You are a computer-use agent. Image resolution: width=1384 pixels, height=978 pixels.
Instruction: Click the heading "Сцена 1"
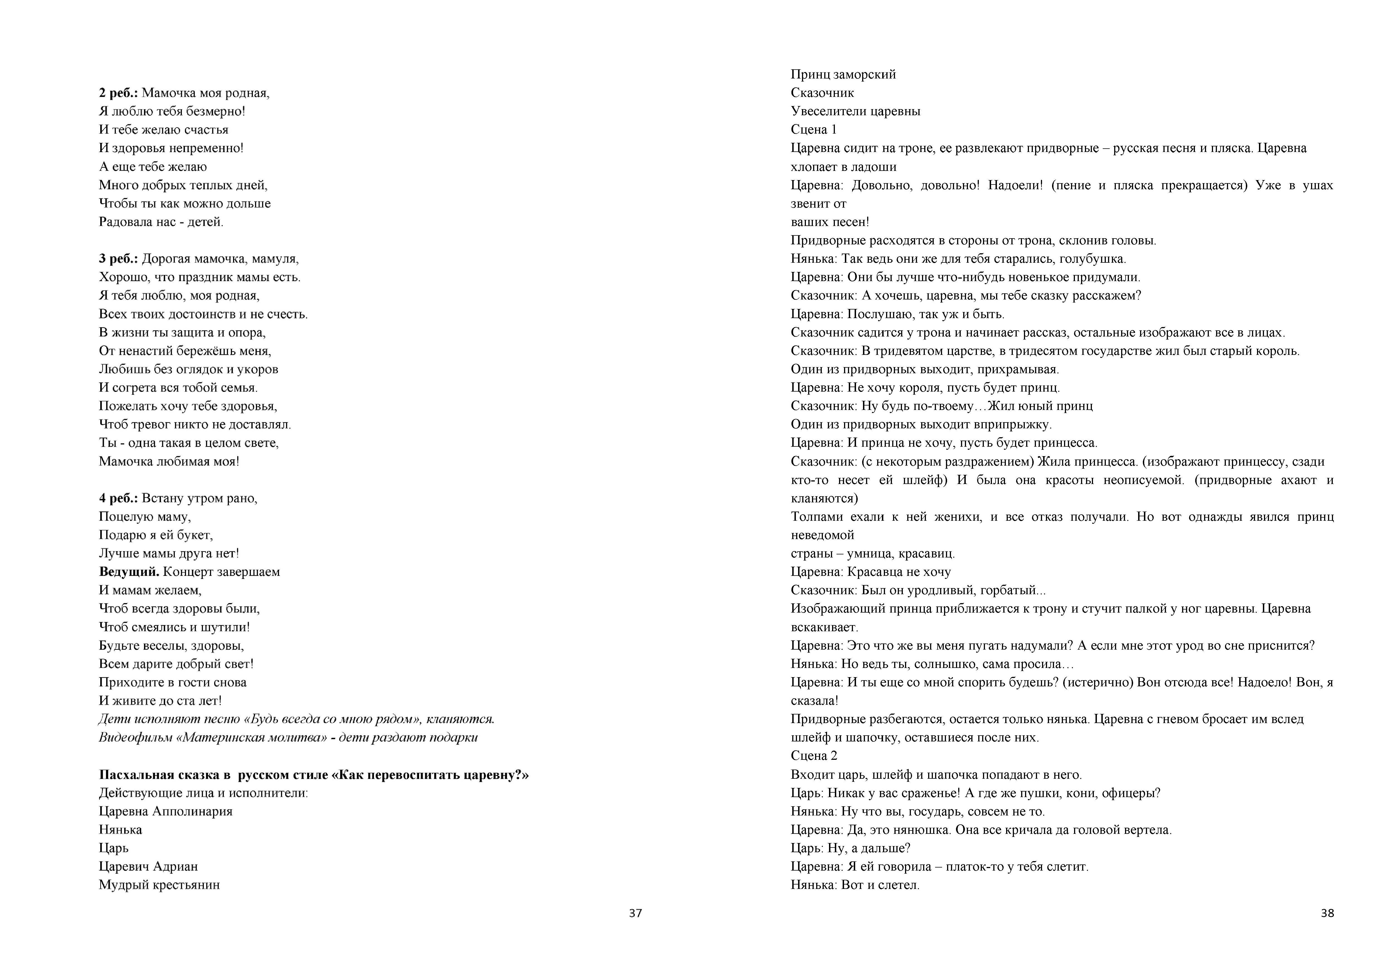(814, 130)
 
